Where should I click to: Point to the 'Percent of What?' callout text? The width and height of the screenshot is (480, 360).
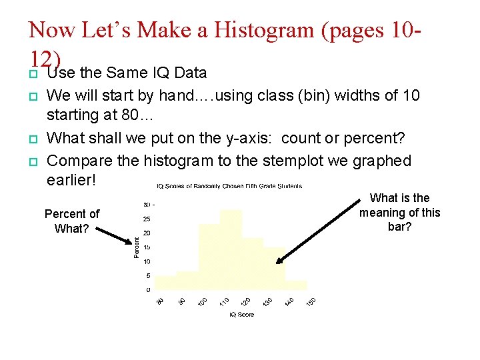pyautogui.click(x=71, y=220)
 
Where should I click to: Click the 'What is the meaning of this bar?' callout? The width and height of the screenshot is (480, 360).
pyautogui.click(x=400, y=212)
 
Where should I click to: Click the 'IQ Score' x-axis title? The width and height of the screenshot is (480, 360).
pyautogui.click(x=242, y=314)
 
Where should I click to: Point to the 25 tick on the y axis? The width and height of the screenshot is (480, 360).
pyautogui.click(x=146, y=219)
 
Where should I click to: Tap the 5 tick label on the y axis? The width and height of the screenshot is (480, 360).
pyautogui.click(x=147, y=275)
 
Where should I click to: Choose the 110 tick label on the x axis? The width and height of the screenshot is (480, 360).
pyautogui.click(x=224, y=301)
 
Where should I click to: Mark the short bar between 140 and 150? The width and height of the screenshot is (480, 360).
pyautogui.click(x=296, y=284)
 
